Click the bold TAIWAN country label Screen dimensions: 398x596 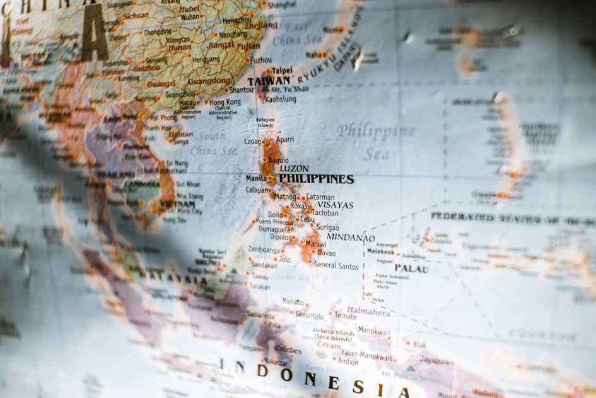269,81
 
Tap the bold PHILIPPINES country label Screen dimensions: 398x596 316,179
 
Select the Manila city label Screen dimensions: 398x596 255,178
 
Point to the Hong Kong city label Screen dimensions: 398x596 225,102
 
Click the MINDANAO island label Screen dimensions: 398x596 351,238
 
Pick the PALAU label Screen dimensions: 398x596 411,268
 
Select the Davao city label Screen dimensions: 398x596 327,253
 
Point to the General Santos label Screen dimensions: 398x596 336,265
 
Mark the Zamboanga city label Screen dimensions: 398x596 264,250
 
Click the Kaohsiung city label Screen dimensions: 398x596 280,99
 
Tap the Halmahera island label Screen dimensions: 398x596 368,311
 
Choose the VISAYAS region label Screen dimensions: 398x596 335,205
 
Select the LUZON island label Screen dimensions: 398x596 294,168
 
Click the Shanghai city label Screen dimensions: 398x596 281,4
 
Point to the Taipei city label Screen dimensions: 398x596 282,71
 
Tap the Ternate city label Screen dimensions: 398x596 345,315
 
